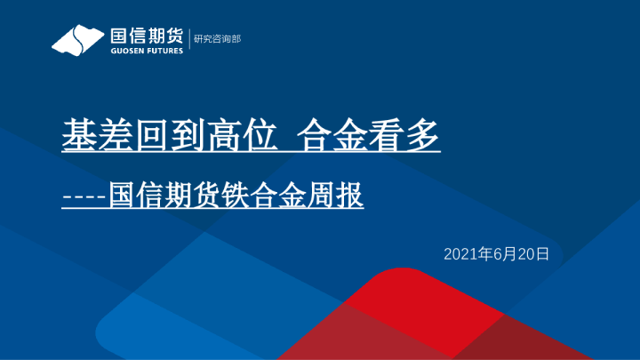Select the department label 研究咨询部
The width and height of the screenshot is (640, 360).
(x=217, y=39)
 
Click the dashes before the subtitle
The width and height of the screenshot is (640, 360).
(x=84, y=196)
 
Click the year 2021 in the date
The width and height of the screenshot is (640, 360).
(x=460, y=254)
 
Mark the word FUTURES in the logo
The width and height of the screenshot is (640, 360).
(x=164, y=51)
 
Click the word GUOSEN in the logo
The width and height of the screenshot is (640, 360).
(x=125, y=51)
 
